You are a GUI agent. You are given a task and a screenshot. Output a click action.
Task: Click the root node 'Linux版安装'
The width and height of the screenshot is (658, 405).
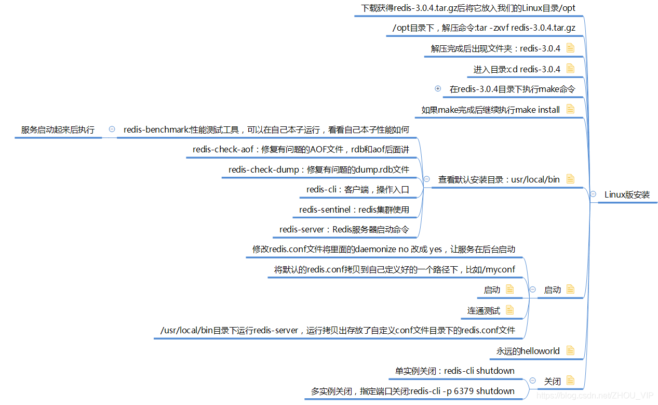pyautogui.click(x=627, y=195)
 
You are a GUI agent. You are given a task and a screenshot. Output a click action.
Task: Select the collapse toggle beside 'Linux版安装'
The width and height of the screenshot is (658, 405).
pyautogui.click(x=593, y=194)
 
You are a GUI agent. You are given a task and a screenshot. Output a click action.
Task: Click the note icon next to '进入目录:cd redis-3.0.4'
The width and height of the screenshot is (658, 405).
pyautogui.click(x=570, y=69)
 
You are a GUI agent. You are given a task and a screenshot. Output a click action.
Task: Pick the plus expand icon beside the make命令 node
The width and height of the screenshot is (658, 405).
pyautogui.click(x=438, y=89)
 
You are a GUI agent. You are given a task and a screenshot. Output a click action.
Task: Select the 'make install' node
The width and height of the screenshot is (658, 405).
pyautogui.click(x=490, y=110)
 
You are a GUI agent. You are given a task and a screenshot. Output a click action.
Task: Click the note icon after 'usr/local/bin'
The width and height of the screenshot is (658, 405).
pyautogui.click(x=570, y=179)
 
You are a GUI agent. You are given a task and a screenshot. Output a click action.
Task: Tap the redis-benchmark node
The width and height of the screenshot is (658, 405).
pyautogui.click(x=266, y=129)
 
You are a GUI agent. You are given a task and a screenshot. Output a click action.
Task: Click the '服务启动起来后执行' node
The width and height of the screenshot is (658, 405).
pyautogui.click(x=58, y=130)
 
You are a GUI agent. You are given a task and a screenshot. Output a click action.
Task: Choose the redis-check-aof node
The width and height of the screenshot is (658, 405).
pyautogui.click(x=301, y=150)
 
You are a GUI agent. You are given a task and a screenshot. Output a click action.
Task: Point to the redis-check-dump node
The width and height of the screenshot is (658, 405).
pyautogui.click(x=318, y=169)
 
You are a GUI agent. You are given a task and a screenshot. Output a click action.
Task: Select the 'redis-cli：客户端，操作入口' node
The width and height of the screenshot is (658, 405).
pyautogui.click(x=357, y=190)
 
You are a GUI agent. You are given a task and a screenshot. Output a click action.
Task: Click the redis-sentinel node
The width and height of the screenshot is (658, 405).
pyautogui.click(x=354, y=210)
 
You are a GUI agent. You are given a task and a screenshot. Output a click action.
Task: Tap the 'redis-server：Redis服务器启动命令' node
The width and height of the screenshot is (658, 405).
pyautogui.click(x=344, y=229)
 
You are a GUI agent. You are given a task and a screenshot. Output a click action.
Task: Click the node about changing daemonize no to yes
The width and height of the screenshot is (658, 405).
pyautogui.click(x=383, y=250)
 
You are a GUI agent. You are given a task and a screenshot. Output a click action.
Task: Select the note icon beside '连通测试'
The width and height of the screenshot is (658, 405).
pyautogui.click(x=509, y=310)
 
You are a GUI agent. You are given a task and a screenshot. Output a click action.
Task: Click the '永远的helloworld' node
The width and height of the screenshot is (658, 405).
pyautogui.click(x=528, y=351)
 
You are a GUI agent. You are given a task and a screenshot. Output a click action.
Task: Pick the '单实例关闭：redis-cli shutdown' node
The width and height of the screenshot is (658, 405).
pyautogui.click(x=454, y=371)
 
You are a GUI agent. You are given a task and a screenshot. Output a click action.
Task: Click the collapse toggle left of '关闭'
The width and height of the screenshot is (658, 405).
pyautogui.click(x=533, y=381)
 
